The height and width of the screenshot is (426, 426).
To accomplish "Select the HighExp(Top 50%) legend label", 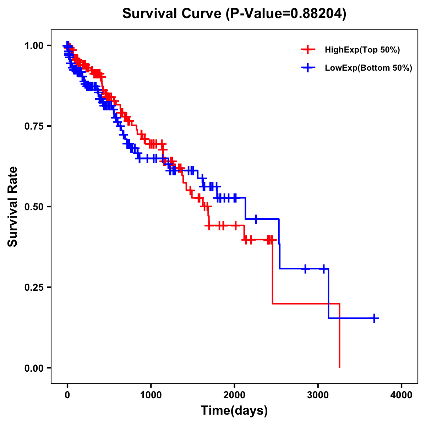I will coord(362,50).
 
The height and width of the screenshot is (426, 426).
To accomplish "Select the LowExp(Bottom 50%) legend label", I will coord(368,68).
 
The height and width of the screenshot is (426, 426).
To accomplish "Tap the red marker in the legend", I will coord(308,50).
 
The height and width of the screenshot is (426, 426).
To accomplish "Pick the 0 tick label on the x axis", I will coord(67,395).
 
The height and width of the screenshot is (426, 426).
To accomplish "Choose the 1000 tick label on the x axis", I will coord(151,395).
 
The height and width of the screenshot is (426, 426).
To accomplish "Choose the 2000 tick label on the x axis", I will coord(234,395).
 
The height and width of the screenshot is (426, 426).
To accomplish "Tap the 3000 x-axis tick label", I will coord(318,395).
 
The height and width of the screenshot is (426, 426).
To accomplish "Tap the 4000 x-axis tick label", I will coord(402,395).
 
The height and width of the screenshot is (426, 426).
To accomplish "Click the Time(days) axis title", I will coord(234,411).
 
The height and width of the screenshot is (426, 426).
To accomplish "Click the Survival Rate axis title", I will coord(13,207).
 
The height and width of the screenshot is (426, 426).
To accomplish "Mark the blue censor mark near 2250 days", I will coord(256,219).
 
